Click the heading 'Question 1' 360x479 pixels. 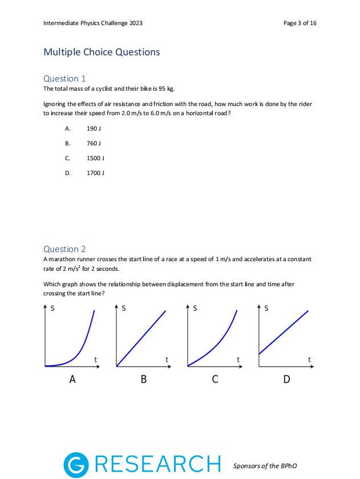coord(64,79)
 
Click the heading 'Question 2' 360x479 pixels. coord(64,249)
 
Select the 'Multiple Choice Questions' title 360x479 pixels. coord(102,52)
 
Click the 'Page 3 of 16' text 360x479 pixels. coord(300,23)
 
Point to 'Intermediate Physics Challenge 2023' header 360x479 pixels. coord(93,23)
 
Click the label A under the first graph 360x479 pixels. coord(72,379)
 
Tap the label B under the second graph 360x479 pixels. coord(144,379)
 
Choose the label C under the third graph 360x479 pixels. coord(215,379)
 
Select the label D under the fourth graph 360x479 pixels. coord(286,379)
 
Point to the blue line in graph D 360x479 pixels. coord(284,332)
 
